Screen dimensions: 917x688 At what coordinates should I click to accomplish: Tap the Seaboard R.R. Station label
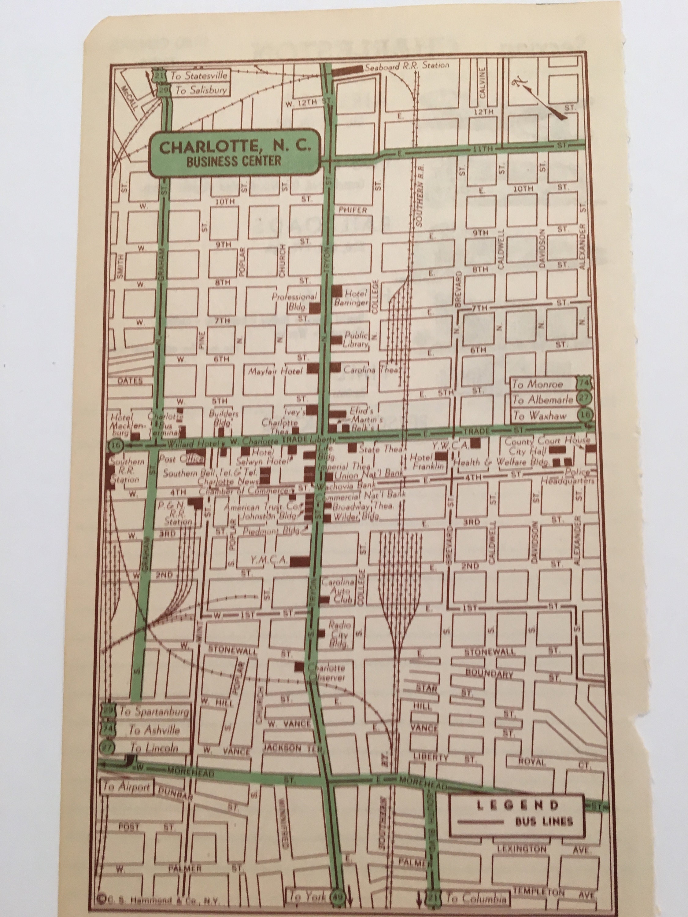[x=406, y=65]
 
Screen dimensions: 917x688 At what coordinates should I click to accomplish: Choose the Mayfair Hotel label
[x=276, y=371]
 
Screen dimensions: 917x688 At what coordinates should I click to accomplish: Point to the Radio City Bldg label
[x=339, y=635]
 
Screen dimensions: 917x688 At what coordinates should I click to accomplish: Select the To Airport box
[x=127, y=786]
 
